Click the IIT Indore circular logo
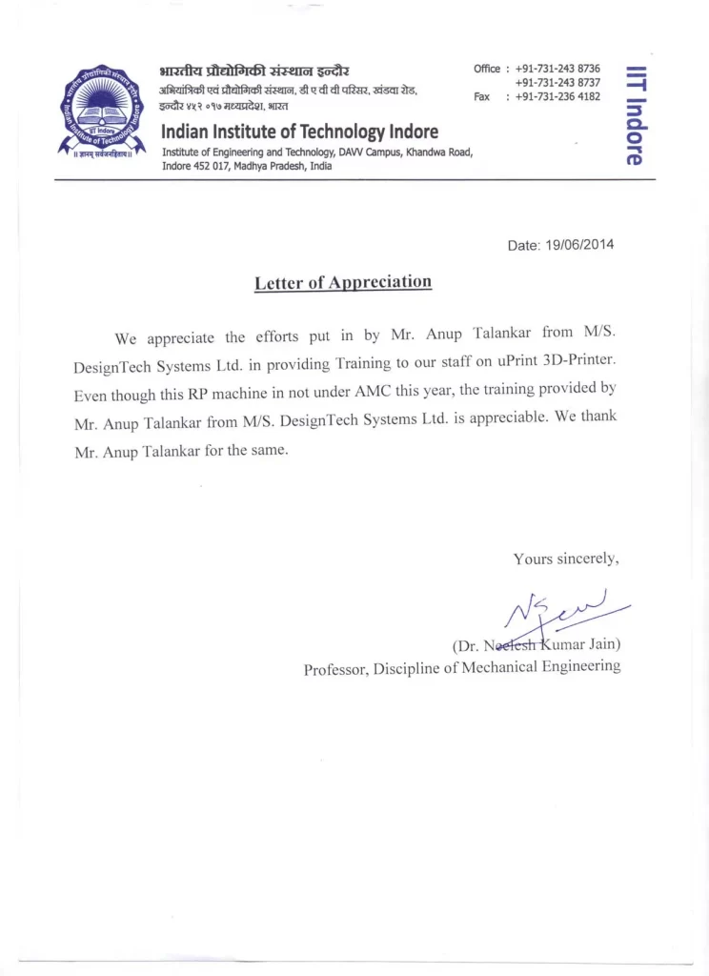click(x=103, y=113)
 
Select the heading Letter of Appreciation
click(x=343, y=282)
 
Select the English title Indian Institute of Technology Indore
click(x=299, y=132)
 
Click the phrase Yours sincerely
click(x=566, y=559)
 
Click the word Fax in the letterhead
click(x=483, y=96)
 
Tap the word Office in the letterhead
click(x=486, y=69)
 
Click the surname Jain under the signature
click(x=600, y=644)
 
